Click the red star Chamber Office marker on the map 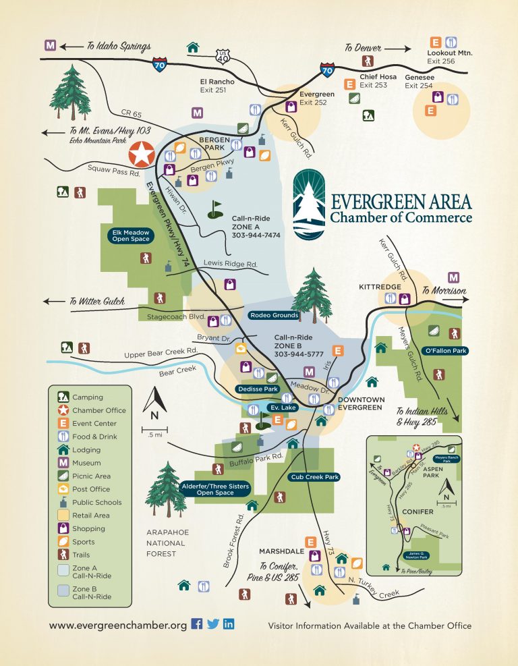pyautogui.click(x=142, y=155)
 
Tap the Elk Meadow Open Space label pyautogui.click(x=132, y=235)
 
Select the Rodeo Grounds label pyautogui.click(x=274, y=315)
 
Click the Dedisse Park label pyautogui.click(x=258, y=389)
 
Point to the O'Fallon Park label pyautogui.click(x=445, y=351)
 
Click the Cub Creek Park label pyautogui.click(x=314, y=477)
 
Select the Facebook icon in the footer pyautogui.click(x=197, y=624)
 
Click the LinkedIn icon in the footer pyautogui.click(x=229, y=624)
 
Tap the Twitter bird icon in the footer pyautogui.click(x=213, y=624)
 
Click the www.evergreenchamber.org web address pyautogui.click(x=117, y=626)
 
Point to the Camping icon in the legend pyautogui.click(x=62, y=397)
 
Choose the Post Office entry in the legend pyautogui.click(x=88, y=489)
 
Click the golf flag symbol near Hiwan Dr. pyautogui.click(x=215, y=209)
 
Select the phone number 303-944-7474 pyautogui.click(x=256, y=236)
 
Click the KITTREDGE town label pyautogui.click(x=380, y=287)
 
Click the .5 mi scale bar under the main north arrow pyautogui.click(x=154, y=429)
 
